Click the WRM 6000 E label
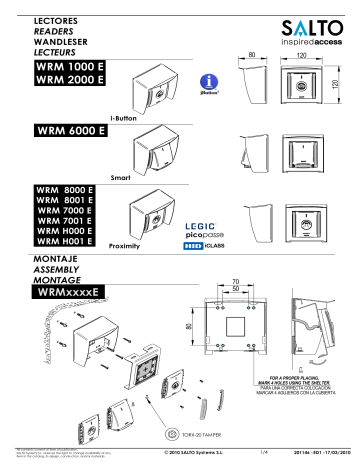[x=71, y=131]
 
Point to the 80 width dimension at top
[x=252, y=51]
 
